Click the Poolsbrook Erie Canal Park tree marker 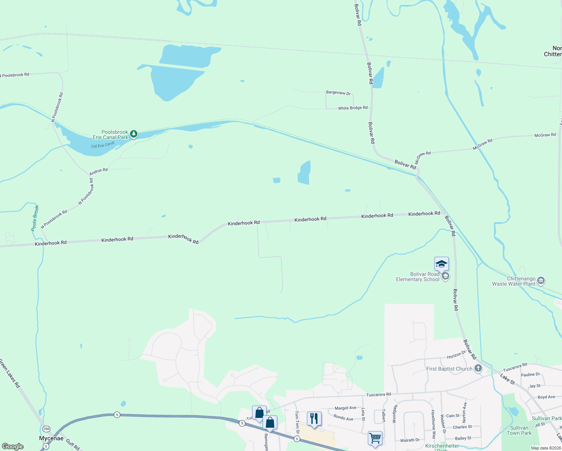133,134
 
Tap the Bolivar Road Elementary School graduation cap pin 441,264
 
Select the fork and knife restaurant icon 314,419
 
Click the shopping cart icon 375,438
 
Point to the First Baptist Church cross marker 478,368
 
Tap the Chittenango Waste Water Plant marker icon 541,281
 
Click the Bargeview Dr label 338,93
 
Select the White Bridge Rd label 353,108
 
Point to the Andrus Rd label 98,171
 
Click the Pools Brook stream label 35,218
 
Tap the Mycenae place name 51,438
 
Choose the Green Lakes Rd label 10,373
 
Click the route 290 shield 46,429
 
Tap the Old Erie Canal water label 103,145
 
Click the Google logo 13,446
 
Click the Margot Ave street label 345,408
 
